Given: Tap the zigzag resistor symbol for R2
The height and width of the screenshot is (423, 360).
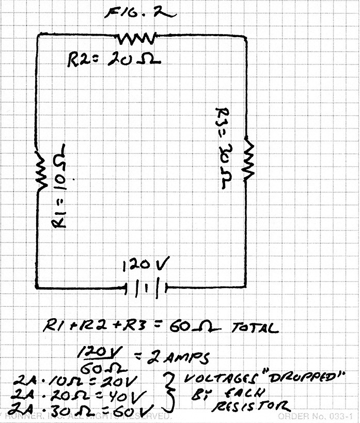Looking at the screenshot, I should pos(136,38).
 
